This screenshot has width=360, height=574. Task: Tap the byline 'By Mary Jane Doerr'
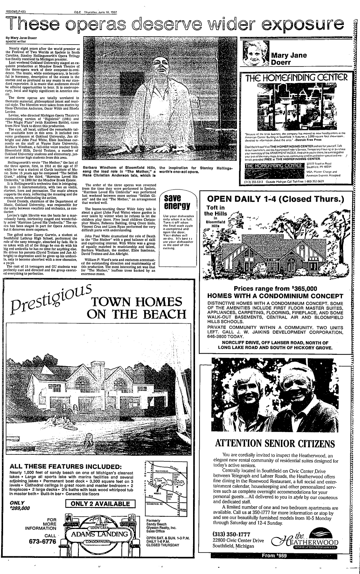pyautogui.click(x=20, y=39)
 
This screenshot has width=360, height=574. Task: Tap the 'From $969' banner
pyautogui.click(x=274, y=556)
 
